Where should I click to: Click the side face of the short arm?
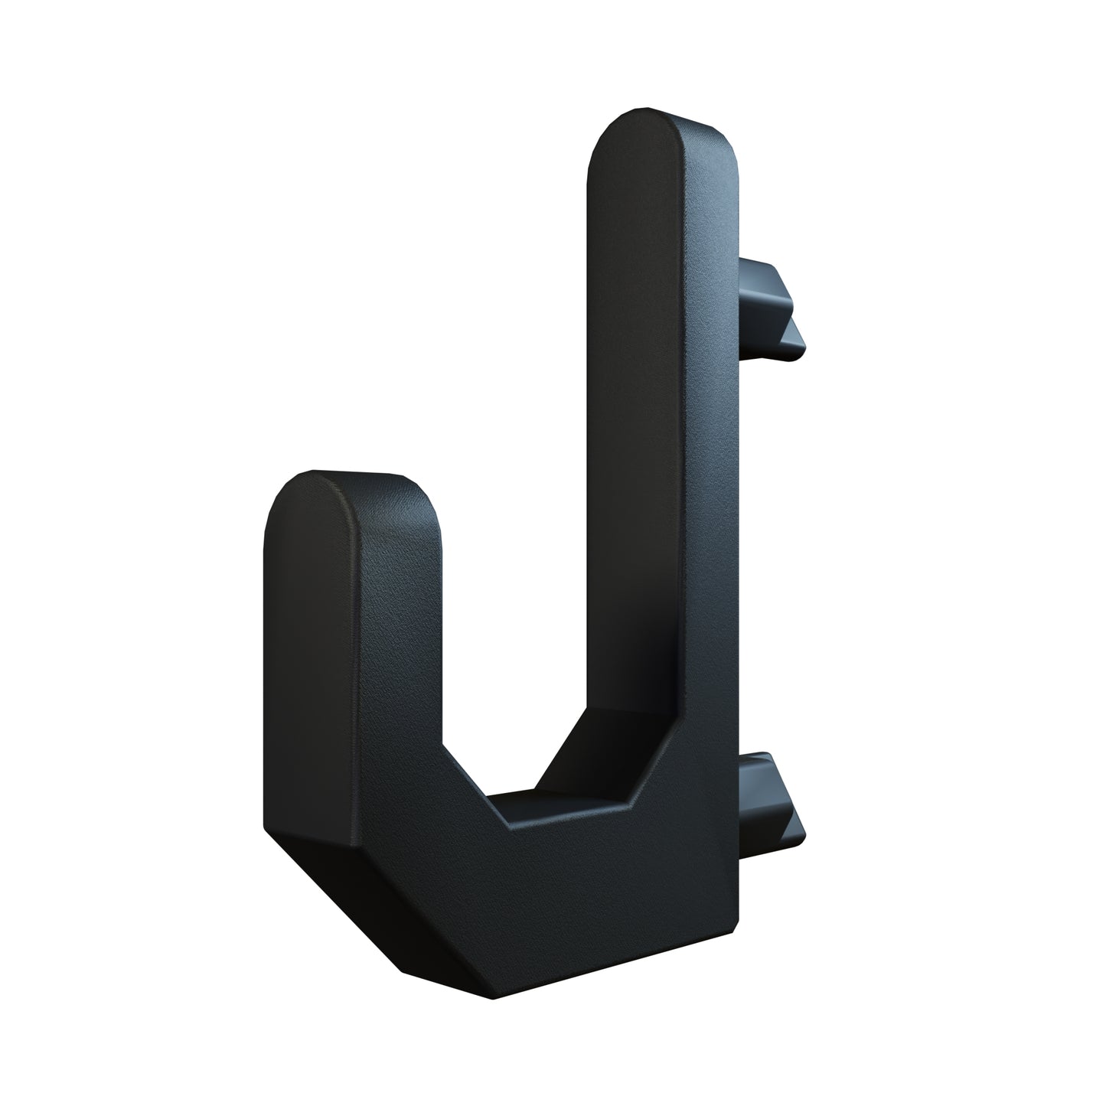pyautogui.click(x=398, y=651)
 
